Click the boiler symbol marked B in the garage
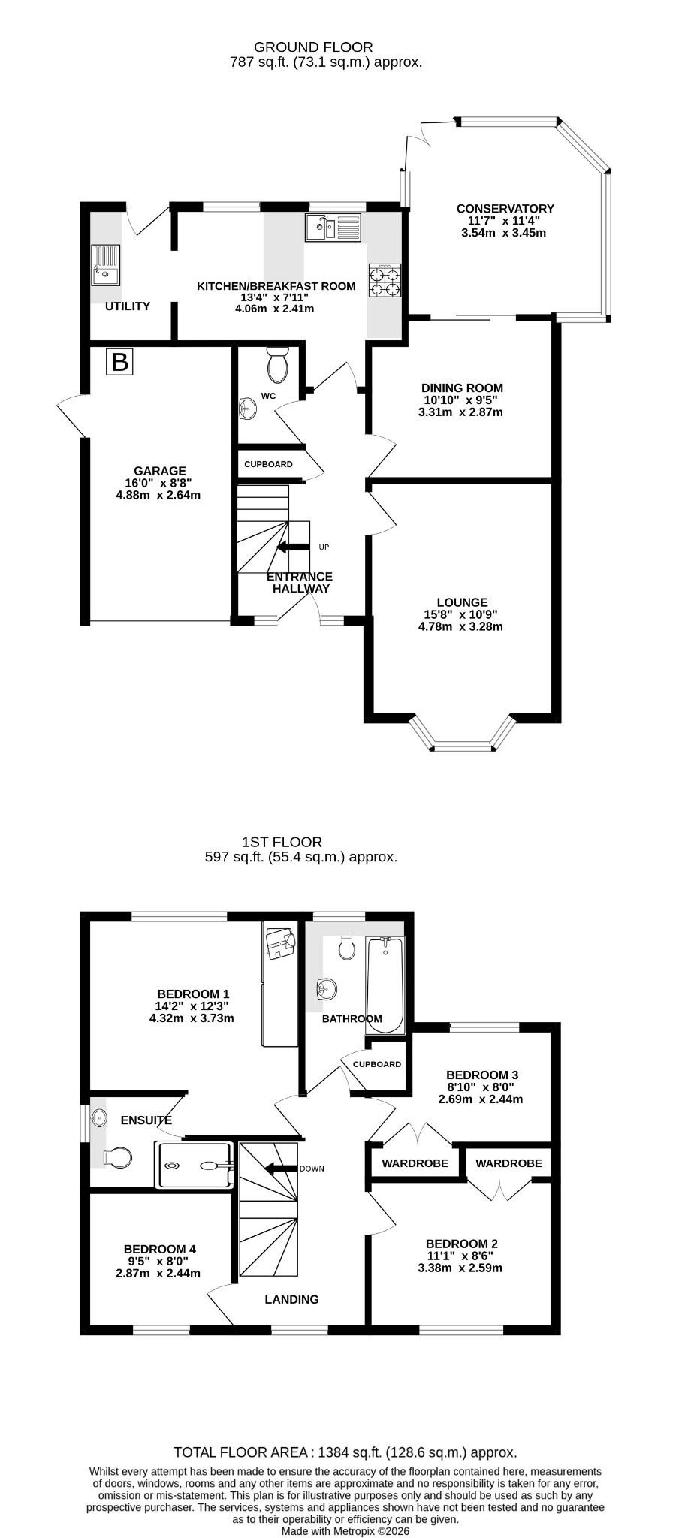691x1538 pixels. (119, 362)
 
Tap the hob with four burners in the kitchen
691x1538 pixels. (385, 282)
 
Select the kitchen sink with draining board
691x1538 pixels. (333, 228)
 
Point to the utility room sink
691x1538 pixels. (105, 265)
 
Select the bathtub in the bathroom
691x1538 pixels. (385, 985)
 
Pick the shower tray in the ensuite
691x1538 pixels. (194, 1165)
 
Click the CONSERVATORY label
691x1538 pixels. (505, 209)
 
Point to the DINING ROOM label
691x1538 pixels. (462, 388)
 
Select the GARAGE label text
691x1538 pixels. (160, 471)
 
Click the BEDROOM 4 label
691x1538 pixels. (160, 1250)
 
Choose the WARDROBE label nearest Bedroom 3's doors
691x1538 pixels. (415, 1163)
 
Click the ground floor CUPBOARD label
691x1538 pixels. (268, 464)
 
